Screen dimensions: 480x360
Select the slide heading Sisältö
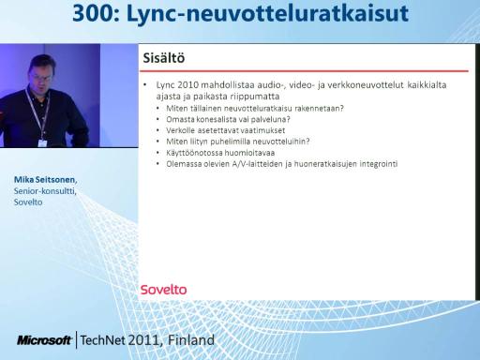(164, 58)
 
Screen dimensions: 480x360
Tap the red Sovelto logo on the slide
(163, 290)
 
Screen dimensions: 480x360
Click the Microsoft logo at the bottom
(44, 340)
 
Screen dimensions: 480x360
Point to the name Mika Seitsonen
(45, 180)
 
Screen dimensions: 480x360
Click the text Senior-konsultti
(44, 191)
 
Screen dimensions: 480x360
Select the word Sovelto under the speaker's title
(28, 202)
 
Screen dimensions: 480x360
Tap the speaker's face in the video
(41, 75)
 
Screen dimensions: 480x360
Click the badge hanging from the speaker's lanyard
(42, 143)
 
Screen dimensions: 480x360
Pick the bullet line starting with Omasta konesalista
(228, 119)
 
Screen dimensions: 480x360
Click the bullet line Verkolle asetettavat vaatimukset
(225, 130)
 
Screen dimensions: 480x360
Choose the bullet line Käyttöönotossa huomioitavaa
(220, 153)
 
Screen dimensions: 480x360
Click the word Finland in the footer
(191, 340)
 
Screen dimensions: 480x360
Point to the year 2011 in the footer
(145, 340)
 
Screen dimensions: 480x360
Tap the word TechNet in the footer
(103, 340)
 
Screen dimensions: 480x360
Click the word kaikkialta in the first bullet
(427, 85)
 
